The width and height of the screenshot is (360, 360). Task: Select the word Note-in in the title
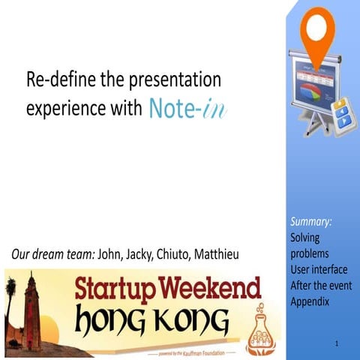coord(187,108)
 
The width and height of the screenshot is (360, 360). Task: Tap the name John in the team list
coord(112,255)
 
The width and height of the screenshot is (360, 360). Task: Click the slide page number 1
coord(340,343)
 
